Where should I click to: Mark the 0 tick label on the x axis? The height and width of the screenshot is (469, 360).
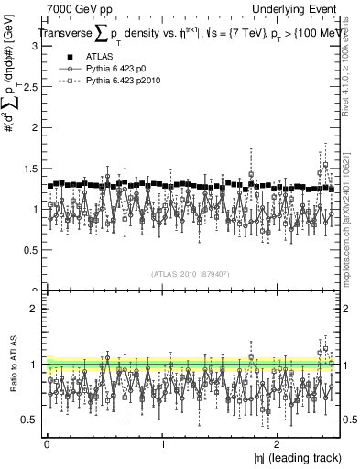47,442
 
